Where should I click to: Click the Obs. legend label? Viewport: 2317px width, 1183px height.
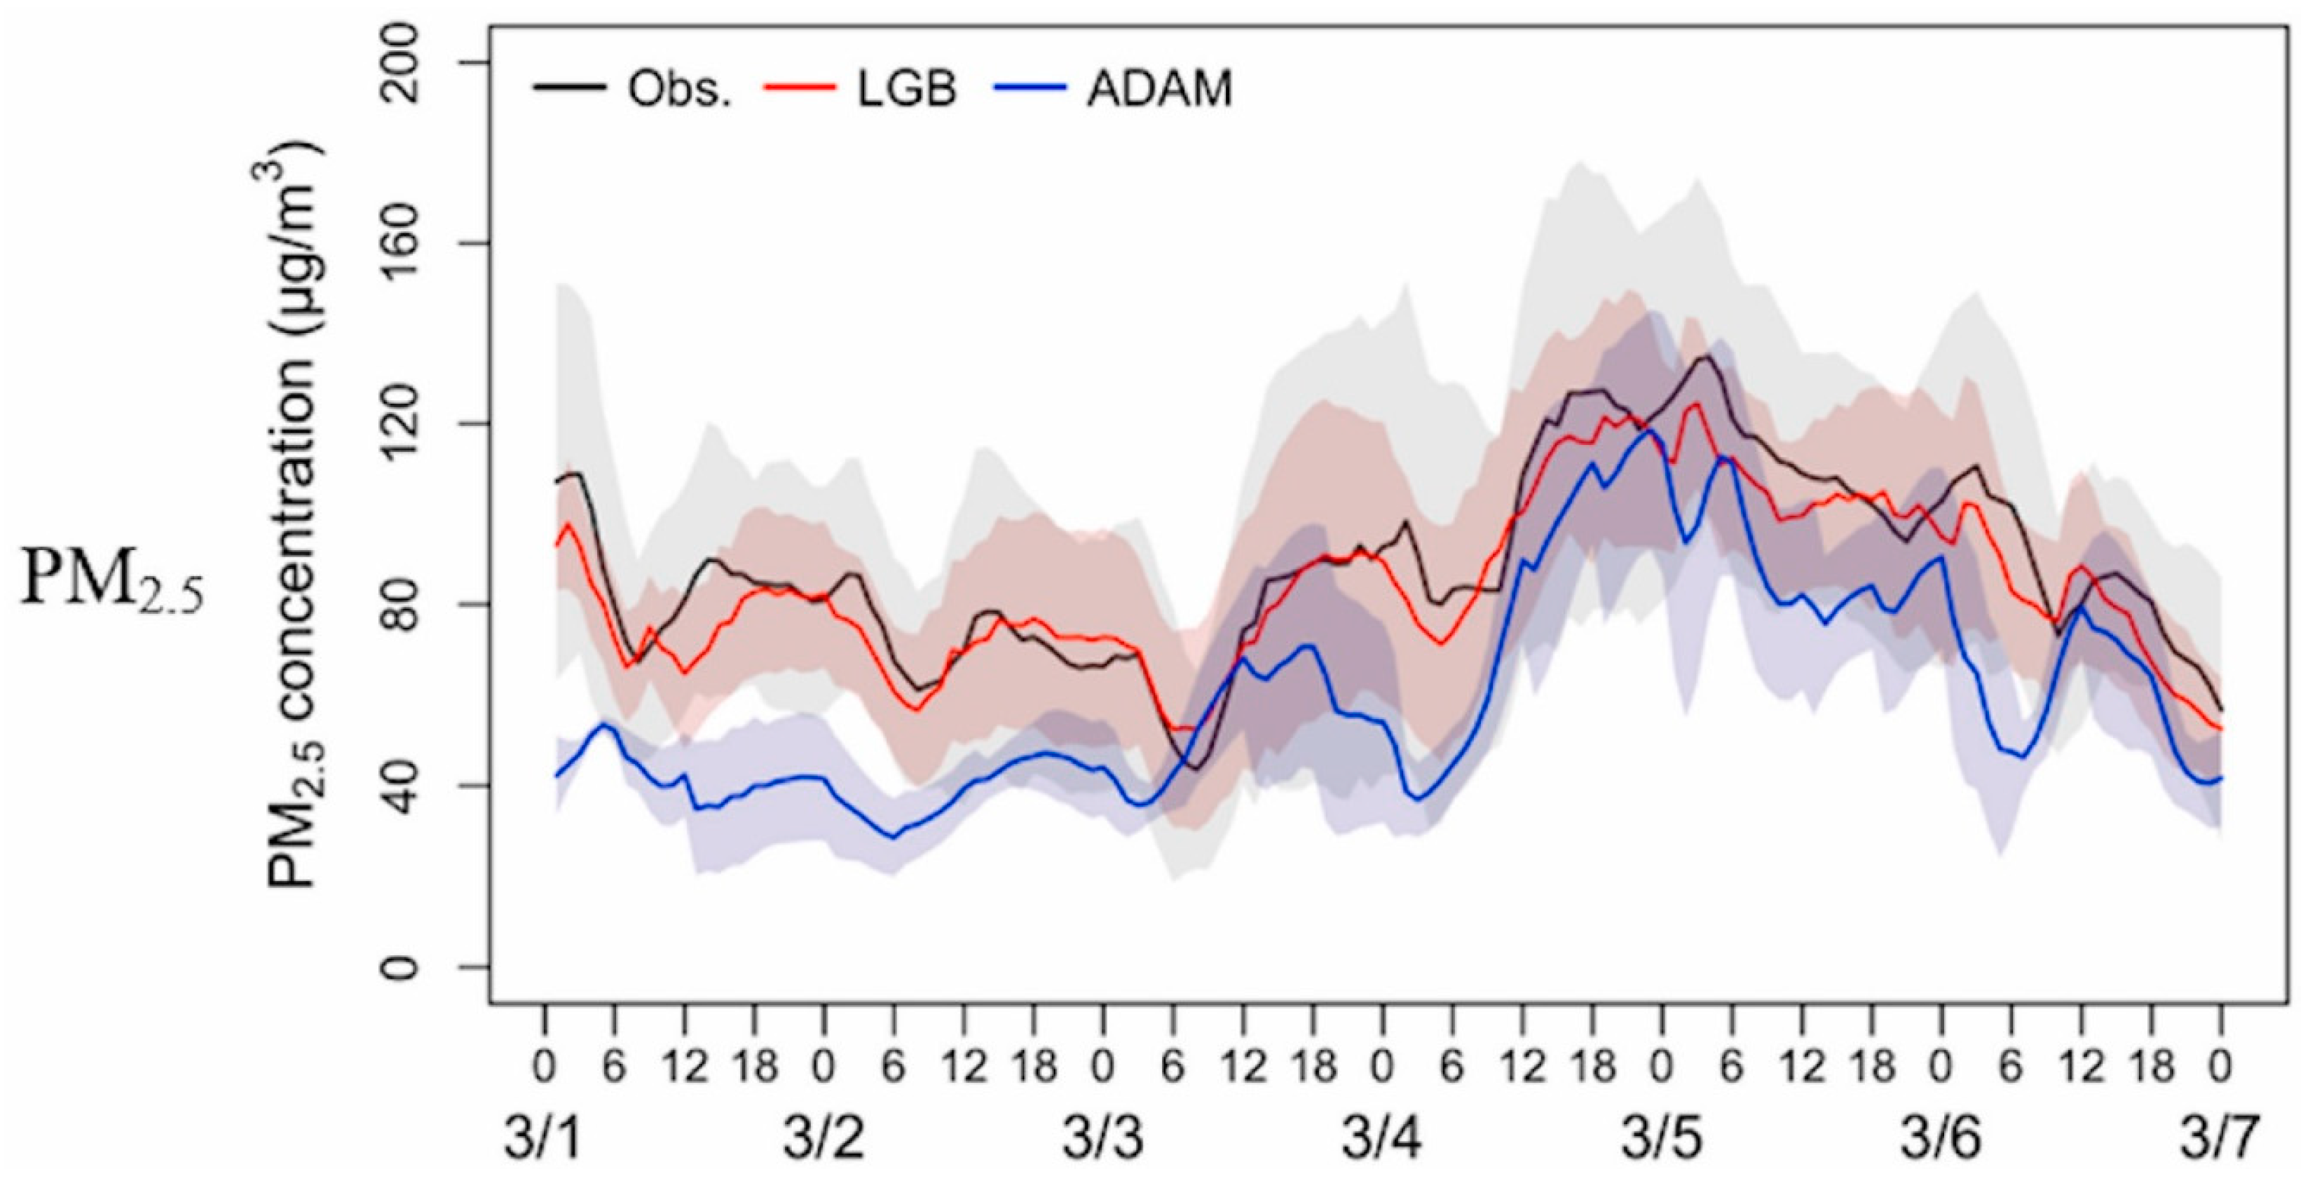[679, 91]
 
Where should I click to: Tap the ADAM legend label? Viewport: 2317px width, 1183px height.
[1158, 91]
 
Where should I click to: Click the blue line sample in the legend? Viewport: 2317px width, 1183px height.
[1029, 88]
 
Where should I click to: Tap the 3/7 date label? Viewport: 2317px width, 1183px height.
[2219, 1139]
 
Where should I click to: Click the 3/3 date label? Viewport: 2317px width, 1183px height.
[1104, 1139]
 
